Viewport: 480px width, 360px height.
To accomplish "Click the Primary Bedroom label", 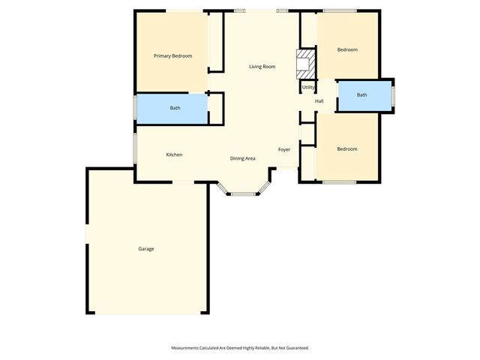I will [x=172, y=56].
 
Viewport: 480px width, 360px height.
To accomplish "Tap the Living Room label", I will [x=262, y=67].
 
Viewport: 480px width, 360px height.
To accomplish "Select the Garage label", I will [x=145, y=248].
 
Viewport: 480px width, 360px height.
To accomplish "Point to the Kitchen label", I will [x=174, y=154].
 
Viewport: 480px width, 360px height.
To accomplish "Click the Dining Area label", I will [x=243, y=158].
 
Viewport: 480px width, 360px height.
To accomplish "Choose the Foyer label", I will [x=284, y=149].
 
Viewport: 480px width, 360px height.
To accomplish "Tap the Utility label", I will [x=308, y=88].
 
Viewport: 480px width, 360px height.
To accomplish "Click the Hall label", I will [x=319, y=101].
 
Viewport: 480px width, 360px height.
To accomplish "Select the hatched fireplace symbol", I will [x=304, y=64].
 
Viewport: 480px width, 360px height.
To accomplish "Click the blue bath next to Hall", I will [x=364, y=95].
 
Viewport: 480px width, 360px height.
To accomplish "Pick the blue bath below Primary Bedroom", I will [x=175, y=108].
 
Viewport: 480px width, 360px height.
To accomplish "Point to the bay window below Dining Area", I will [x=242, y=193].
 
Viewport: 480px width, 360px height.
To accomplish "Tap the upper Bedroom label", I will [x=347, y=49].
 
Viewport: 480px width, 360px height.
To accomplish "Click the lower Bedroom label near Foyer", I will [x=347, y=148].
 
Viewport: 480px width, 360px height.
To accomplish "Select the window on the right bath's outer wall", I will [x=392, y=95].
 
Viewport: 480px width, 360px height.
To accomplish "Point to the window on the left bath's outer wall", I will [x=135, y=108].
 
